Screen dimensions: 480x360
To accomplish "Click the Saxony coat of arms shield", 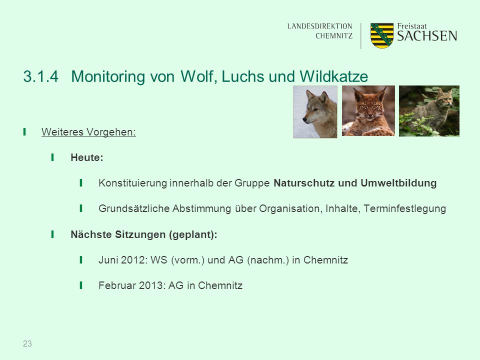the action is coord(381,35).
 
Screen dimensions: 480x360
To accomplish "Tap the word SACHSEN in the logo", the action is coord(427,36).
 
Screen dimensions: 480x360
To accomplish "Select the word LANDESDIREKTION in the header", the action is coord(320,26).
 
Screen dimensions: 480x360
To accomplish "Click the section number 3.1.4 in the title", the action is coord(40,76).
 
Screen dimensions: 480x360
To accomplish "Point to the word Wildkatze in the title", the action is coord(333,76).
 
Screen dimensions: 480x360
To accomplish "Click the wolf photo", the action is coord(315,111).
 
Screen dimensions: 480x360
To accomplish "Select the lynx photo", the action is coord(368,111).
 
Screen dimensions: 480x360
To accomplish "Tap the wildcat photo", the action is coord(429,111).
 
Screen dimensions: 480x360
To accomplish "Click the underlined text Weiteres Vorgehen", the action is coord(88,132).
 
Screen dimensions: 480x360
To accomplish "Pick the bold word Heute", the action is coord(87,157).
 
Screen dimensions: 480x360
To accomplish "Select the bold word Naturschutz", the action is coord(304,183).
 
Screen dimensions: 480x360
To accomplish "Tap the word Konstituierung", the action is coord(132,183).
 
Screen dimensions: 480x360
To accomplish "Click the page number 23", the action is coord(27,344).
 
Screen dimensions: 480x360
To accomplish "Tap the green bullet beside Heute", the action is coord(52,157).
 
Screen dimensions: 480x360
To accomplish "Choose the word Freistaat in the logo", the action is coord(411,26).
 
